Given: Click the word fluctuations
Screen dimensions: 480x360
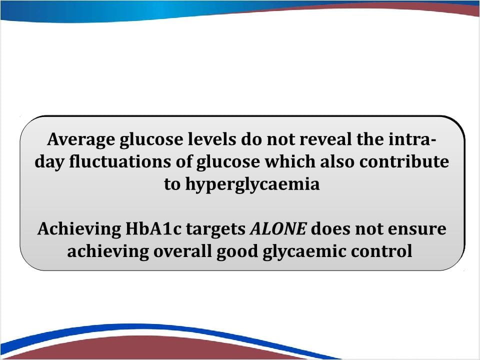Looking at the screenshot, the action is coord(120,161).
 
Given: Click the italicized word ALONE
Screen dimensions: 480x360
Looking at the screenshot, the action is coord(278,228).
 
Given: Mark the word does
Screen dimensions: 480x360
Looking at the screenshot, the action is coord(330,228).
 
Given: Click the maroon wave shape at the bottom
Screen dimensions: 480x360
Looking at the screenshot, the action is coord(153,348).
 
